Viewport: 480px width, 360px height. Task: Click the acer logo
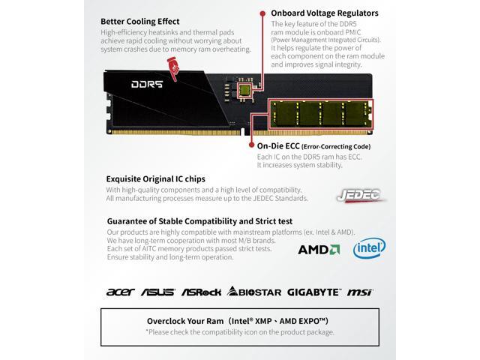120,292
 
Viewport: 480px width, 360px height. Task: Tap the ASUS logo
158,292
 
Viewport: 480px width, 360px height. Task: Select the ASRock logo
201,292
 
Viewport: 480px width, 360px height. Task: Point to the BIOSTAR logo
254,292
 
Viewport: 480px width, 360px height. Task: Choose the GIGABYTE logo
313,292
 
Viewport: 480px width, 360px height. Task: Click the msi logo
360,292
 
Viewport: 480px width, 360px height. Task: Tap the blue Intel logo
369,248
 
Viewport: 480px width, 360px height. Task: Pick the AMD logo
319,250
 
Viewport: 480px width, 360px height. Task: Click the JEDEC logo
360,195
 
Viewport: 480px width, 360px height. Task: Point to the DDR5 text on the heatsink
147,84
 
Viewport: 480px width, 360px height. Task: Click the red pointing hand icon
173,69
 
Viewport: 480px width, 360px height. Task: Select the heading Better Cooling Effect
140,22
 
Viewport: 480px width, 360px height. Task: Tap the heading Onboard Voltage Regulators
325,13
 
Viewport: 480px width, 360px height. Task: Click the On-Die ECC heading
278,146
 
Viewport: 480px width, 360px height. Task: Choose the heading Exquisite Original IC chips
155,178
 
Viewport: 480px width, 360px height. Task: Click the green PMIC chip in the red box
245,90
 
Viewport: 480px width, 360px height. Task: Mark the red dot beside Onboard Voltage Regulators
262,13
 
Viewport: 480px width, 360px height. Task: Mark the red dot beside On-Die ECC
252,145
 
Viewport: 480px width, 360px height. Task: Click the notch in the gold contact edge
243,132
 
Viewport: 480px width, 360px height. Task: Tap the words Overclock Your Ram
185,321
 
